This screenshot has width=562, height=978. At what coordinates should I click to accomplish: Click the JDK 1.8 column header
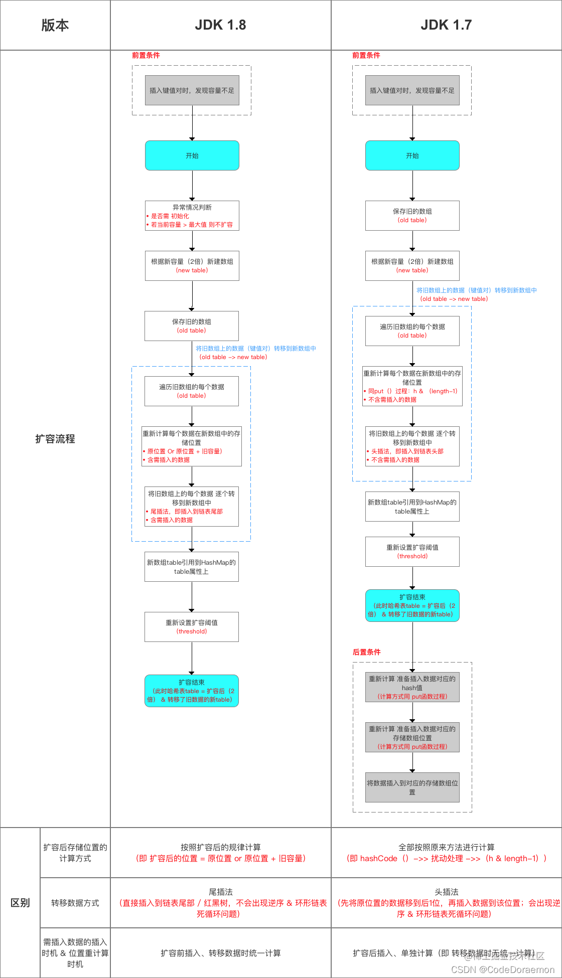220,25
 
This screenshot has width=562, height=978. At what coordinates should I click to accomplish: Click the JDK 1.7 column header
446,25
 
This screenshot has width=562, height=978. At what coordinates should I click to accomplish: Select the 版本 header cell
55,25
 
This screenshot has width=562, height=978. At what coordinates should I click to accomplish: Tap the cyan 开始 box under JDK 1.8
192,155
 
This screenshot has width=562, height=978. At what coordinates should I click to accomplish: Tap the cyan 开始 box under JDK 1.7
412,155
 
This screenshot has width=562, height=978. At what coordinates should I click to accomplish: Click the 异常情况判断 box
192,216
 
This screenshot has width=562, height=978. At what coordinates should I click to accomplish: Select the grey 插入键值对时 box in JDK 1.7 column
412,90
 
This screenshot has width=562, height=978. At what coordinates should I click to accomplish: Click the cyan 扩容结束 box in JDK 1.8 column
191,691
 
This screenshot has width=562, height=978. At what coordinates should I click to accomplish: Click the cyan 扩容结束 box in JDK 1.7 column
412,605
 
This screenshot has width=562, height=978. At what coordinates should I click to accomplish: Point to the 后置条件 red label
366,652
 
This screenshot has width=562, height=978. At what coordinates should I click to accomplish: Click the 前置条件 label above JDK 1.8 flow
146,55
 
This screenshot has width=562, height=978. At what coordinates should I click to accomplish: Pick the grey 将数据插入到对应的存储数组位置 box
412,787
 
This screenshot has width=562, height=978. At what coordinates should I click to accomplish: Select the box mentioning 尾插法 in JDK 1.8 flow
191,507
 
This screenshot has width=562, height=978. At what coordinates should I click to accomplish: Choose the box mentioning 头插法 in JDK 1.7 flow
412,446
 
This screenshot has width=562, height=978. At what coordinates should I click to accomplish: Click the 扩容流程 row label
55,439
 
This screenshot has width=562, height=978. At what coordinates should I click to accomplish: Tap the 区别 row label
20,903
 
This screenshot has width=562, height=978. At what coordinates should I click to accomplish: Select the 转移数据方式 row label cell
75,903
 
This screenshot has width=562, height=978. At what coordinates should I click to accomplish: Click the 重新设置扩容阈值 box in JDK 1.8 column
191,627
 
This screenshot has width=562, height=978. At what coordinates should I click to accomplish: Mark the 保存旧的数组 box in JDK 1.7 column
412,216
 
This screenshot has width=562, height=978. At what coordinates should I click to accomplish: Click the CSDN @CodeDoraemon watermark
502,969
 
